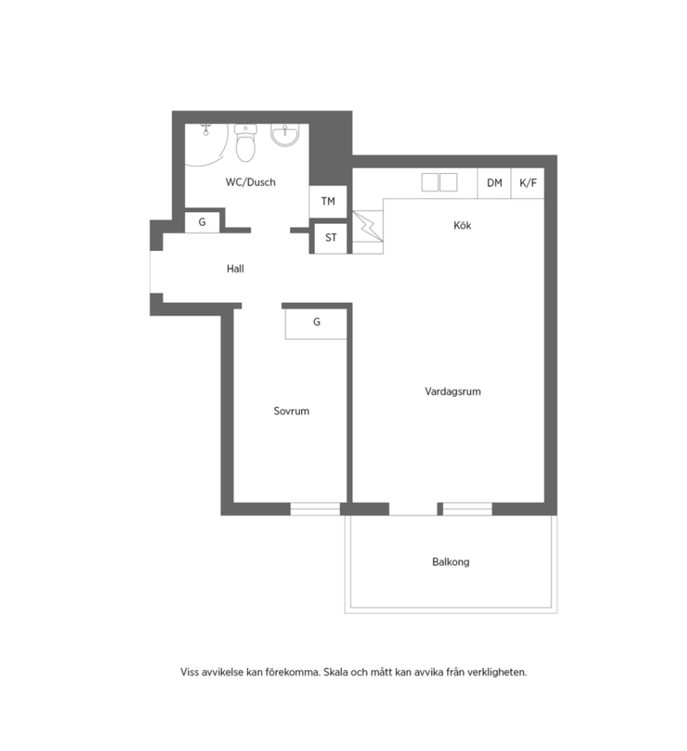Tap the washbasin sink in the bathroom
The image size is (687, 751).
coord(285,135)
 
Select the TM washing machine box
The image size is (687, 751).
coord(328,202)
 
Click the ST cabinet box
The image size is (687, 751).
coord(330,238)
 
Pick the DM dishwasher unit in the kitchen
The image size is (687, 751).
coord(494,183)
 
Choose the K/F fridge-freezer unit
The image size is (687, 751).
coord(528,183)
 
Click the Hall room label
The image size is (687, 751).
coord(235,268)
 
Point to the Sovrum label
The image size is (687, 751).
coord(291,411)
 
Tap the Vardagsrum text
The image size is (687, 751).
coord(453,391)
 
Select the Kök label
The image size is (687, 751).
coord(462,225)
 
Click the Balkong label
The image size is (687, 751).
coord(451,562)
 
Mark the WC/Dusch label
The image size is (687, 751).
coord(250,182)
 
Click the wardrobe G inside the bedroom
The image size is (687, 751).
coord(316,324)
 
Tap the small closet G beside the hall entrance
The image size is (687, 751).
coord(202,223)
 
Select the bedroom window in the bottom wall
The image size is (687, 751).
coord(315,508)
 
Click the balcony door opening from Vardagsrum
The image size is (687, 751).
coord(413,509)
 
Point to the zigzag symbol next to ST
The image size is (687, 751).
coord(368,226)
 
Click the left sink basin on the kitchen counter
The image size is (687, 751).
coord(430,182)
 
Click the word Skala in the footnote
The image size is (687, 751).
coord(335,672)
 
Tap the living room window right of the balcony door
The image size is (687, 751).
coord(467,508)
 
